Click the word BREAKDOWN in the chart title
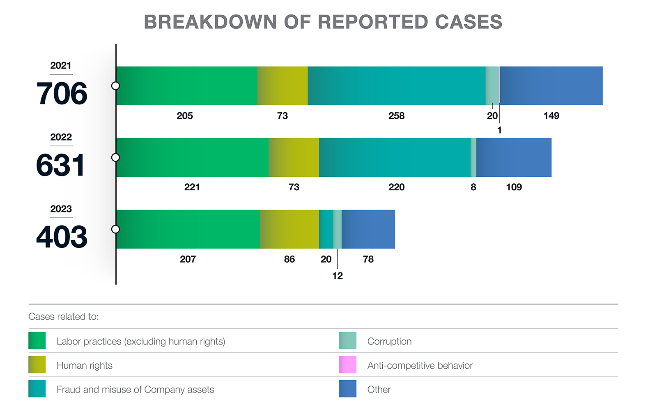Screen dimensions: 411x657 210,22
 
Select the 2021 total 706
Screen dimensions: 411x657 62,94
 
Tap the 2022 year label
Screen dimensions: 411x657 61,137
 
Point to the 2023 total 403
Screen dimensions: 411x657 62,237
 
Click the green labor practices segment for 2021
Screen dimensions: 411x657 187,86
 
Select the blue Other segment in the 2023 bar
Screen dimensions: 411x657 368,229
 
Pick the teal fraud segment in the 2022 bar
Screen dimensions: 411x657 395,157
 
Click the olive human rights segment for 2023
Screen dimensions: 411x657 289,229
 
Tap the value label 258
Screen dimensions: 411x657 396,116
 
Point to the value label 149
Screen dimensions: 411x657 551,116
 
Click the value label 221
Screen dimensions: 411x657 192,187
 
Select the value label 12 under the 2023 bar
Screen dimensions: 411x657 337,276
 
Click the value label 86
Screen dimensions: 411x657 289,259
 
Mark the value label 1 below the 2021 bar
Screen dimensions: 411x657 499,130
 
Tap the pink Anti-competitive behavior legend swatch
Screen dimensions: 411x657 347,365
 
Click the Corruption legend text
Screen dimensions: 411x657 389,342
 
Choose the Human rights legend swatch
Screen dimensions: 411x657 37,365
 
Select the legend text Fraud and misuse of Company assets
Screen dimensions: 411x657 135,390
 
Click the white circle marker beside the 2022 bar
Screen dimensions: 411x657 116,157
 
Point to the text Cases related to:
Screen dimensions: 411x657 64,317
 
